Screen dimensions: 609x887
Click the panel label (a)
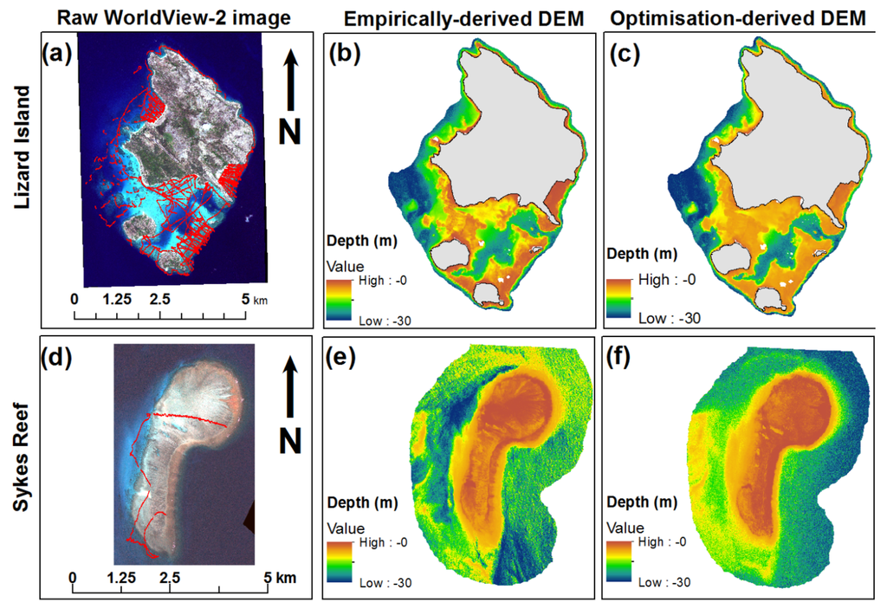click(58, 55)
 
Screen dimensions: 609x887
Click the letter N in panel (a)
click(291, 130)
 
